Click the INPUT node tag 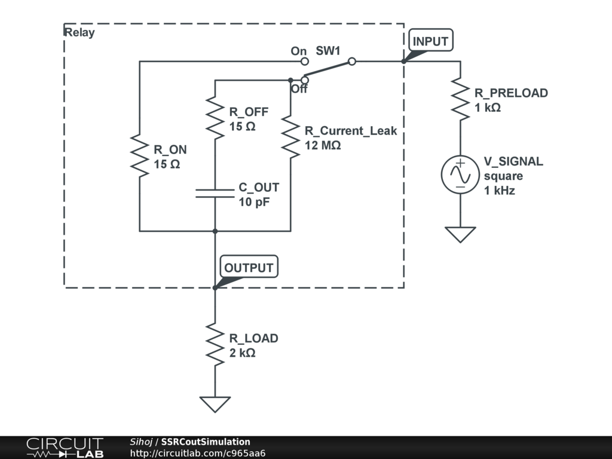click(x=431, y=41)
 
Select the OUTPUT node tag click(x=249, y=268)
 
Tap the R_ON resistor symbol click(x=139, y=155)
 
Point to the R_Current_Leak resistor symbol click(x=290, y=137)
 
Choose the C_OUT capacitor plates click(x=215, y=192)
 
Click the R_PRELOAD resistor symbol click(x=460, y=99)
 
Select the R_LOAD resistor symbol click(x=215, y=344)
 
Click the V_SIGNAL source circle click(x=460, y=174)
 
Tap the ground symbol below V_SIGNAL click(x=460, y=234)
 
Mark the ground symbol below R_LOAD click(x=215, y=404)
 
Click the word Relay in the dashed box click(x=79, y=32)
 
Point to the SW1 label click(x=328, y=51)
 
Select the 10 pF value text click(x=254, y=201)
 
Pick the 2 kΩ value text click(x=243, y=353)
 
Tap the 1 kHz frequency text click(x=500, y=191)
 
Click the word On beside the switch click(x=299, y=51)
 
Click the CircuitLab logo click(x=65, y=448)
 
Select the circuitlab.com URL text click(x=198, y=453)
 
